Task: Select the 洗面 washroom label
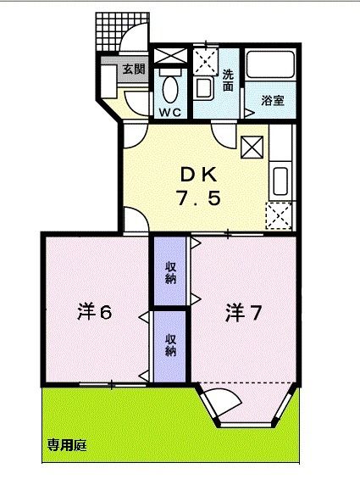(x=229, y=80)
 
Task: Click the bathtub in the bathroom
(x=270, y=68)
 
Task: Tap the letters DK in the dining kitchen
(x=198, y=176)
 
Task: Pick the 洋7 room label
(x=243, y=313)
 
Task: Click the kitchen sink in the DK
(x=281, y=181)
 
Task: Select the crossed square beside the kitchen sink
(x=252, y=147)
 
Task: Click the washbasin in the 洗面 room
(x=203, y=86)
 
